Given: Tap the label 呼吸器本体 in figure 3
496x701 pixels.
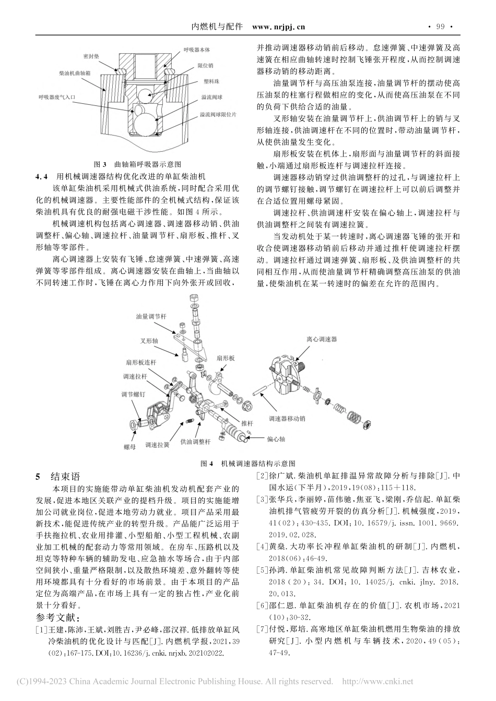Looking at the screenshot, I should [x=197, y=50].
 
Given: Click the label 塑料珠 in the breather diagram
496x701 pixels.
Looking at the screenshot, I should [x=205, y=82].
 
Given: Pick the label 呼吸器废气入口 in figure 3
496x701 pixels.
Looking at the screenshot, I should [x=57, y=97].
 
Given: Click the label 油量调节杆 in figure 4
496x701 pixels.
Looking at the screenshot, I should [x=151, y=316].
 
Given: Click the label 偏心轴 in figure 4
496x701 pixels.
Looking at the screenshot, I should [x=276, y=439].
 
